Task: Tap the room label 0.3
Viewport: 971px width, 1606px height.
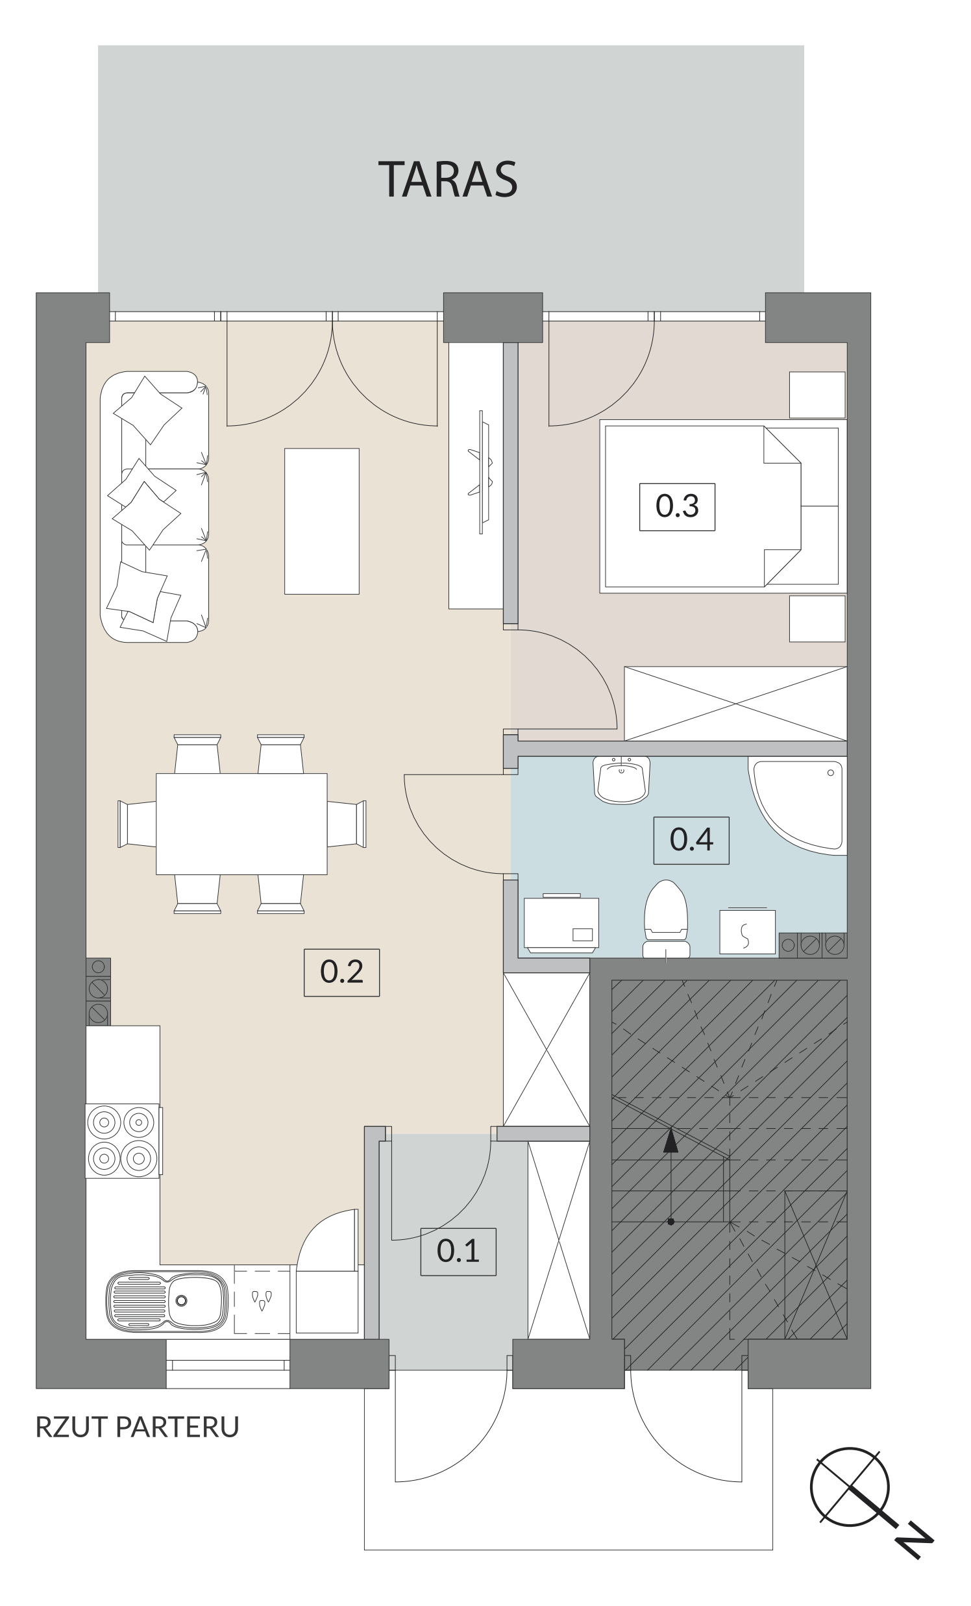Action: pyautogui.click(x=677, y=506)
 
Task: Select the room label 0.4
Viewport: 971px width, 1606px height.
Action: pyautogui.click(x=691, y=840)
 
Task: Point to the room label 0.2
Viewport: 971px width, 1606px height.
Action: pyautogui.click(x=341, y=972)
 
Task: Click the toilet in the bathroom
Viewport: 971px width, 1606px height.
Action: pyautogui.click(x=666, y=919)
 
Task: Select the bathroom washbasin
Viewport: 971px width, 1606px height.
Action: pyautogui.click(x=622, y=780)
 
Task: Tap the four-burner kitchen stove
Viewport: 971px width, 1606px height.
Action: pyautogui.click(x=123, y=1141)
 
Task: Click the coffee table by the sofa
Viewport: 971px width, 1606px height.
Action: pyautogui.click(x=322, y=521)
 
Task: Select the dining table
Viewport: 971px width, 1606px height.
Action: pyautogui.click(x=241, y=823)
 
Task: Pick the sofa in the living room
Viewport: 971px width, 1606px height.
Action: pyautogui.click(x=154, y=507)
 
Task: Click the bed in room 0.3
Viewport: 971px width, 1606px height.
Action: pyautogui.click(x=722, y=506)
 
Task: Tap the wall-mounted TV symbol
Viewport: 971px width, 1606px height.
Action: pyautogui.click(x=480, y=472)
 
